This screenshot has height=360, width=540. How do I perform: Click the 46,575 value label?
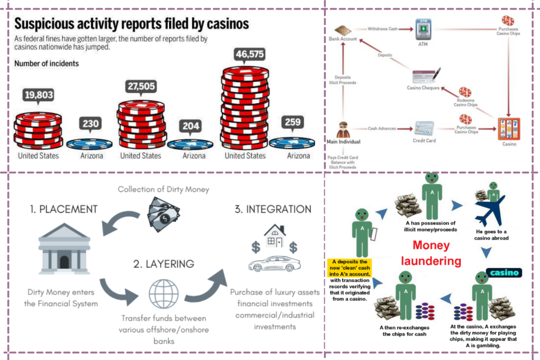point(243,54)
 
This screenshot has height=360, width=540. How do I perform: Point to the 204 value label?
point(190,127)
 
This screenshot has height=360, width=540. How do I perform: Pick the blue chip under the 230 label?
point(90,143)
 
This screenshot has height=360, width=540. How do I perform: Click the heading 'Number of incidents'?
point(46,64)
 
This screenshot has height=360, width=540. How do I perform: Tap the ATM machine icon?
point(422,27)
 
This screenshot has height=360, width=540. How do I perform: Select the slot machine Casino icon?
point(508,129)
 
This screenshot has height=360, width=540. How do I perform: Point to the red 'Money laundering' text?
point(431,253)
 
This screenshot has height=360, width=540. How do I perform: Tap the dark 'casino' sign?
point(504,273)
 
